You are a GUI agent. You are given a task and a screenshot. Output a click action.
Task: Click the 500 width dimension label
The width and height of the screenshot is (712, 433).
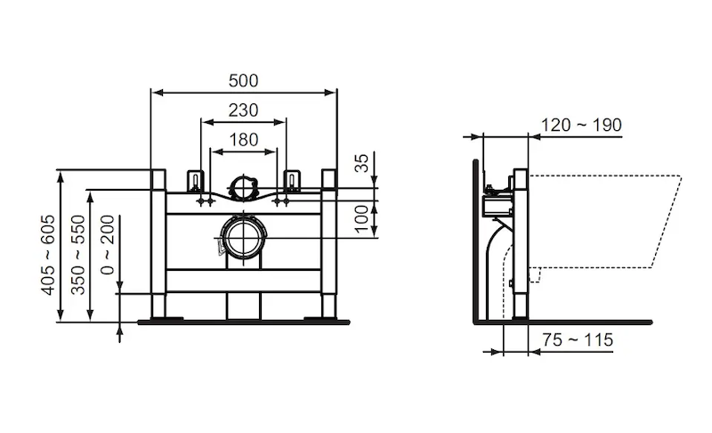[x=243, y=80]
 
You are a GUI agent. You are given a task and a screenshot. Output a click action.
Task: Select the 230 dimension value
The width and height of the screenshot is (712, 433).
[x=243, y=110]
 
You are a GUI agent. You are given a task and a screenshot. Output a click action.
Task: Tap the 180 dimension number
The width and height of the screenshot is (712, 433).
[x=243, y=140]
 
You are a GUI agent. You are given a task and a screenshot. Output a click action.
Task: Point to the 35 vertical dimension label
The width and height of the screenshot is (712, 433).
[x=361, y=163]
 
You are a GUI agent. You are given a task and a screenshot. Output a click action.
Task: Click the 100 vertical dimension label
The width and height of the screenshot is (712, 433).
[x=361, y=218]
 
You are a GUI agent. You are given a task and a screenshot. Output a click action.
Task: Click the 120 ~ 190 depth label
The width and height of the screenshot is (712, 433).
[x=581, y=125]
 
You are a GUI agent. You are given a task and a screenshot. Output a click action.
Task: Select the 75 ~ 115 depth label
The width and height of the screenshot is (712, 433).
[x=578, y=339]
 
